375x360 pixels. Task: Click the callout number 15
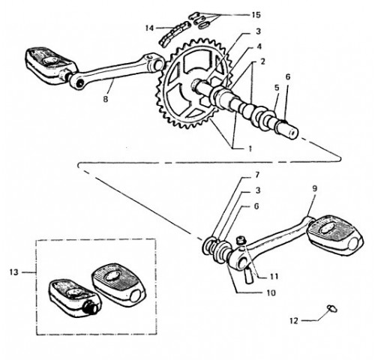[x=256, y=15]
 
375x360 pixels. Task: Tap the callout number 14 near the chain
[x=149, y=28]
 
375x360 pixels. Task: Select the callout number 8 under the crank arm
[x=106, y=99]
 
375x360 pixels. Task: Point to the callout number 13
[x=14, y=272]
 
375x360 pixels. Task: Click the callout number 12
[x=294, y=321]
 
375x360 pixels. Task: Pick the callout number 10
[x=271, y=292]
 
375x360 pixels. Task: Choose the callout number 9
[x=314, y=189]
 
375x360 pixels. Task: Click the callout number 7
[x=257, y=175]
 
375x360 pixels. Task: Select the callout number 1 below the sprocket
[x=250, y=148]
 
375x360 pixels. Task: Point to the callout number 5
[x=277, y=88]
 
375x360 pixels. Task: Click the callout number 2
[x=262, y=61]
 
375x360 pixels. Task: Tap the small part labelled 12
[x=332, y=309]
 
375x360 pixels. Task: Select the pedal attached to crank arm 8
[x=50, y=65]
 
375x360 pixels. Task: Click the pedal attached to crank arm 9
[x=335, y=232]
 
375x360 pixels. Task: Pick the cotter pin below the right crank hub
[x=249, y=275]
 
